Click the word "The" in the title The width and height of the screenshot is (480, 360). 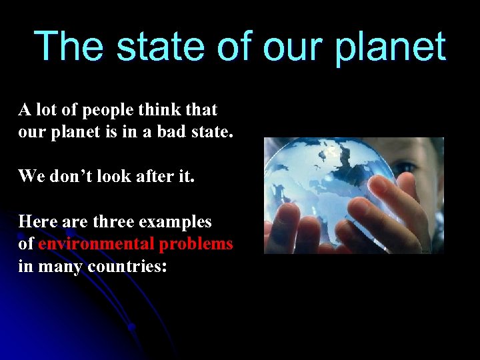coord(65,47)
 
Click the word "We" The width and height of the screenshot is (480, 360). coord(31,176)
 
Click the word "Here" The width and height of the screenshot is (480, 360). coord(35,221)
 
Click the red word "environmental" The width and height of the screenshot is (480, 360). coord(97,244)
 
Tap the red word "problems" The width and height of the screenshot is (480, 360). coord(196,244)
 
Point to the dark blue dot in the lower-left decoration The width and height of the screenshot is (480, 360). coord(132,327)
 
